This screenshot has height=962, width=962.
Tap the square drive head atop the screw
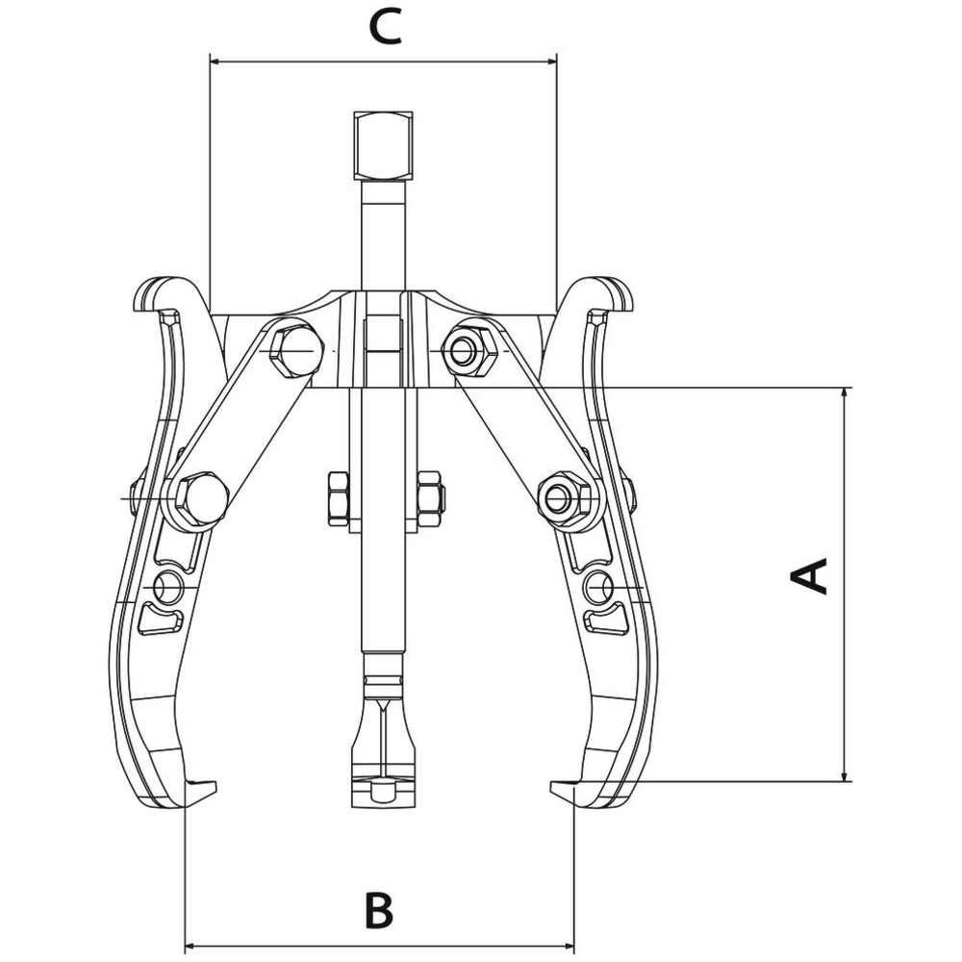[x=384, y=145]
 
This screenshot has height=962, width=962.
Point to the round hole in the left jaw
[x=167, y=588]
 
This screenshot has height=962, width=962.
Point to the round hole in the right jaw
[x=599, y=588]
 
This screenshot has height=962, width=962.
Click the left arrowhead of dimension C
[x=215, y=62]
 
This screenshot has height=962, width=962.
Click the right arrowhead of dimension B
[x=569, y=946]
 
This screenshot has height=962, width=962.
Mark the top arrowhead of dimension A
[x=846, y=393]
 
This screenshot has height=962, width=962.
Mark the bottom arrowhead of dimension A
[x=846, y=776]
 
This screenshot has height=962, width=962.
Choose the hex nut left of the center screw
[x=339, y=498]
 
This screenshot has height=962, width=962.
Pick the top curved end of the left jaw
[x=161, y=293]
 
